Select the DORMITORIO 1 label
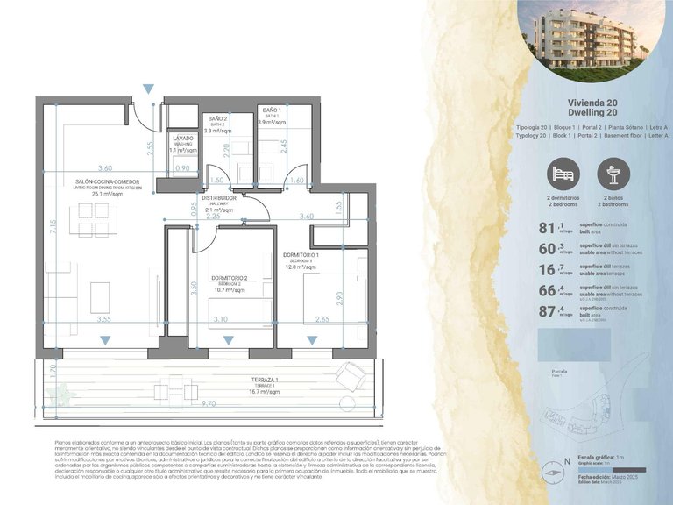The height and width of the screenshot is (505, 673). [301, 255]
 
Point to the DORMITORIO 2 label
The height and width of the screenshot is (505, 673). [229, 278]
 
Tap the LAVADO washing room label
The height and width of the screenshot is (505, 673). [182, 139]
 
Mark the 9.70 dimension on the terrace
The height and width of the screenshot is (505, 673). [208, 403]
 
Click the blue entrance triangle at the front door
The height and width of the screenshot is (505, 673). [150, 88]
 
